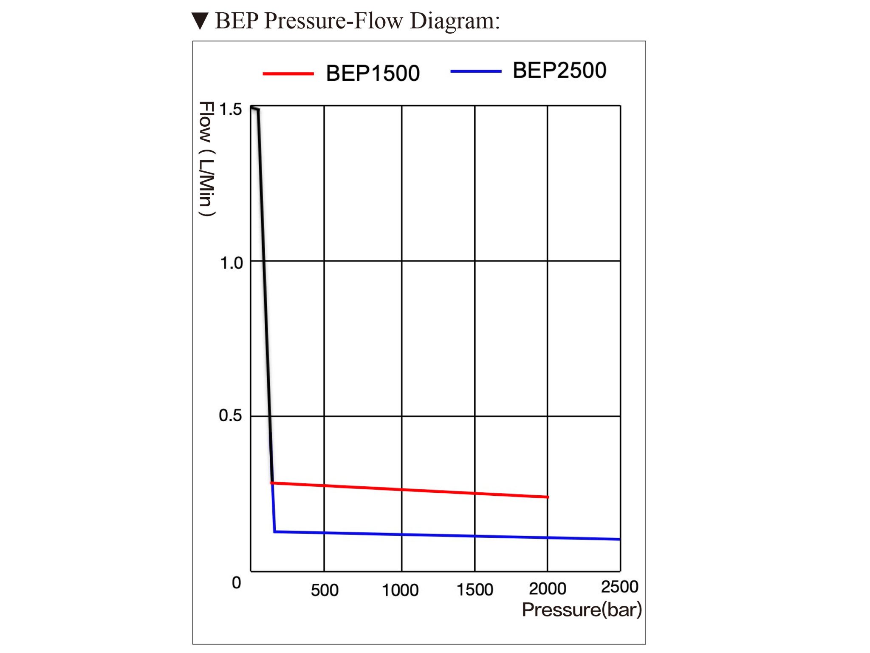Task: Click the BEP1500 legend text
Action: click(373, 73)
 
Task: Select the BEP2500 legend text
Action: click(559, 71)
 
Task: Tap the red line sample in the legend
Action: click(288, 74)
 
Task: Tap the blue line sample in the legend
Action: click(476, 71)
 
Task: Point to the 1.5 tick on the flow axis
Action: click(230, 110)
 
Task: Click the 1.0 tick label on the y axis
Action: click(231, 263)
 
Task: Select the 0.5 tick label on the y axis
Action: click(230, 415)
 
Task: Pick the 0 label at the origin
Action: click(236, 583)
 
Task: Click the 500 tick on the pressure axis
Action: click(325, 590)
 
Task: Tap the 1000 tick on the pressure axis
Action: click(400, 590)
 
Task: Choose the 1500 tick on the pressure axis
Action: click(475, 590)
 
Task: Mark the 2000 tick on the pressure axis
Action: click(548, 589)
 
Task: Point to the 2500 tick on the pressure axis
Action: click(619, 587)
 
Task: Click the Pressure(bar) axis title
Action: click(582, 610)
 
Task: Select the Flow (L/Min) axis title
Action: click(207, 159)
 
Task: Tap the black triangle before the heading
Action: click(200, 21)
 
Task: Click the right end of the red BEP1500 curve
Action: click(548, 497)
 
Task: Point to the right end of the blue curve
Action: click(619, 539)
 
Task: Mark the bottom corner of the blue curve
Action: click(275, 531)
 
